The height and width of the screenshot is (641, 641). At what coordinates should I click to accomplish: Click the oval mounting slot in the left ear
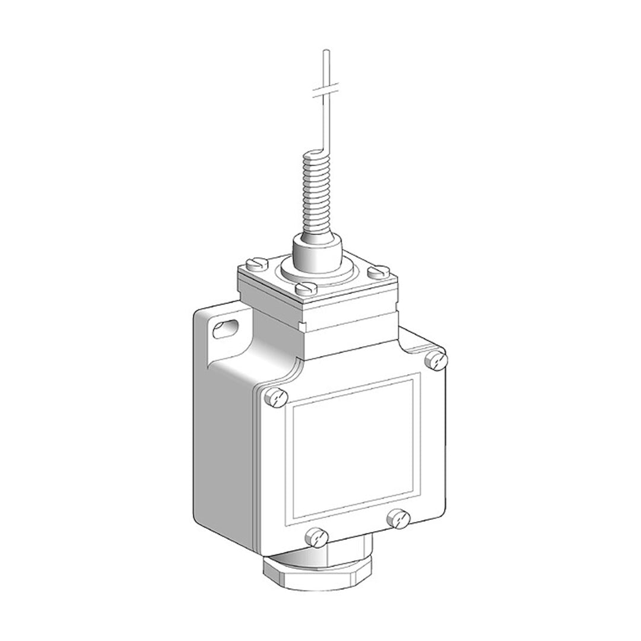click(225, 328)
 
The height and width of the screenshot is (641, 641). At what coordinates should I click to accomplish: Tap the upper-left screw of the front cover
click(275, 397)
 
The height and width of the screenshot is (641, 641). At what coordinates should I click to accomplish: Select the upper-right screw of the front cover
click(436, 360)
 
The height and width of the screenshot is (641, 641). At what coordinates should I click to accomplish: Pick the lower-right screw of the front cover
click(398, 518)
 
